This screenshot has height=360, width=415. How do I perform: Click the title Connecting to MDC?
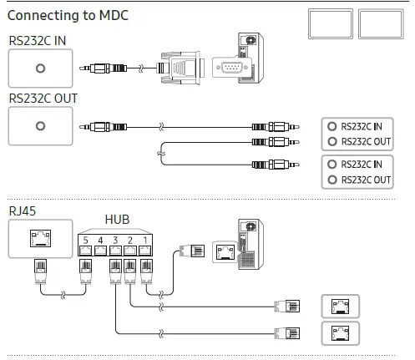coord(68,16)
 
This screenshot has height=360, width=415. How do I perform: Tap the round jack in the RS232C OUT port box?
coord(40,127)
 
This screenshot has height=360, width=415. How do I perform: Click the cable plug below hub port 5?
coord(85,270)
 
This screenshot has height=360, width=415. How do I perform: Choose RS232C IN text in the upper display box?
coord(366,126)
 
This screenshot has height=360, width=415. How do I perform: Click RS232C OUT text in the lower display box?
coord(366,180)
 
